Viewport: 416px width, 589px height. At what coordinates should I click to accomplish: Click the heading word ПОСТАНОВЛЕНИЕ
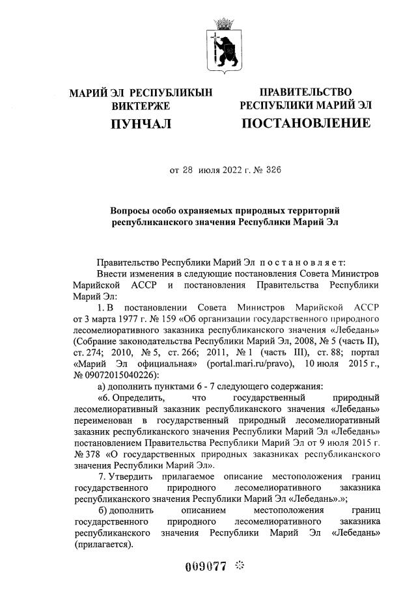pos(306,123)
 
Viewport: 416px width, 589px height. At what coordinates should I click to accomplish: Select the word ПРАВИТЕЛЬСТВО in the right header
pos(306,92)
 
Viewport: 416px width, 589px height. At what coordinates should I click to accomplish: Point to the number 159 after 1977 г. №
pos(158,320)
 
